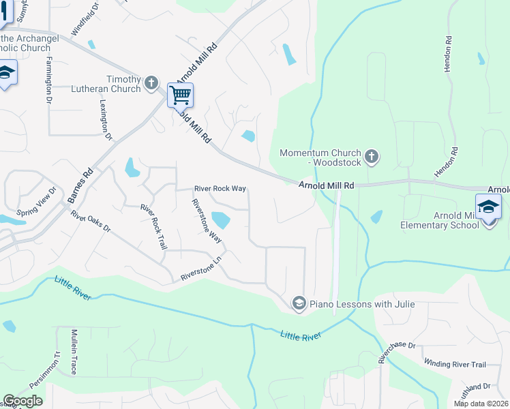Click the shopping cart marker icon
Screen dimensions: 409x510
point(180,95)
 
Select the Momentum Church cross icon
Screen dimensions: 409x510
point(371,157)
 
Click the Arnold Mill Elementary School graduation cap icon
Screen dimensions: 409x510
point(488,207)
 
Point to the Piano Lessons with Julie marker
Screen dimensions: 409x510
point(298,303)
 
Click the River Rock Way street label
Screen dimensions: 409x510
point(220,189)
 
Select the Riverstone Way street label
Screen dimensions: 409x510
point(207,220)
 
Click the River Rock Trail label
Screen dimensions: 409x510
point(153,226)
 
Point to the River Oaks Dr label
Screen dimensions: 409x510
point(91,221)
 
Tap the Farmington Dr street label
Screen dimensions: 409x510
point(50,79)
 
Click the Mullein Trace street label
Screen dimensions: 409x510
point(74,352)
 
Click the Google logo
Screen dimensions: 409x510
point(22,401)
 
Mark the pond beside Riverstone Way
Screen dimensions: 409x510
point(221,220)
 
